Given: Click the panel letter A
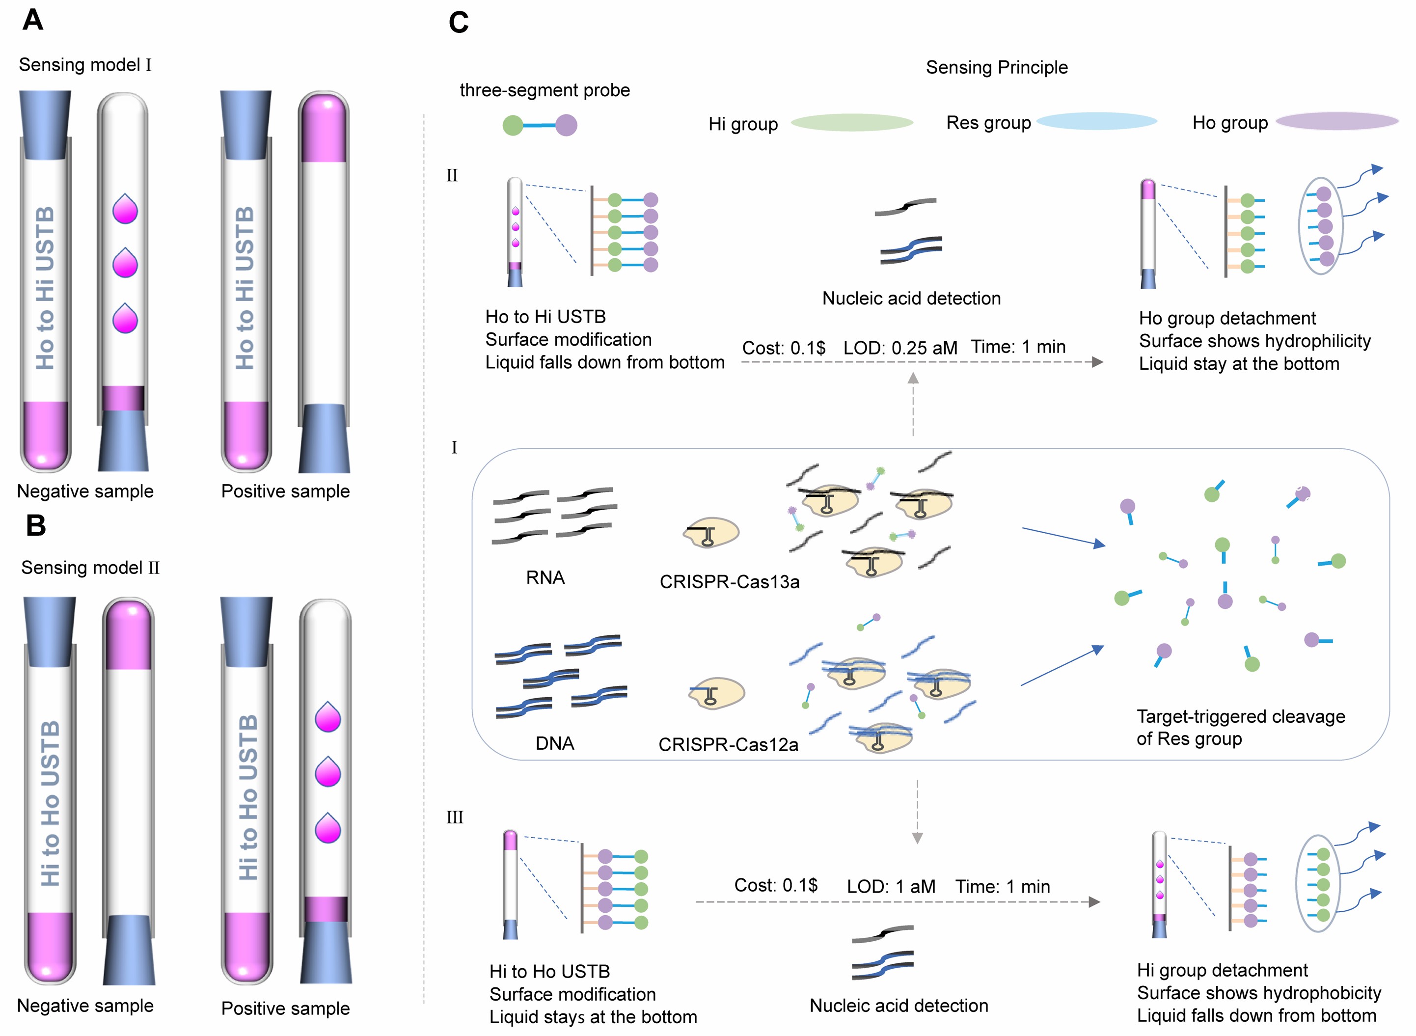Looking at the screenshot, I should tap(32, 20).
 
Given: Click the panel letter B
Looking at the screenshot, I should tap(36, 525).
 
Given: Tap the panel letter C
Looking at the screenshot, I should tap(459, 23).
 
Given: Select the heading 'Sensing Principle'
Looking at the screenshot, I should tap(997, 67).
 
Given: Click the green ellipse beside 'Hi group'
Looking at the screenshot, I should tap(851, 122).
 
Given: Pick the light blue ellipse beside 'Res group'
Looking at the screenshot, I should tap(1096, 121).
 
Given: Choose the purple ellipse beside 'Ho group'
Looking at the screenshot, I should tap(1337, 121).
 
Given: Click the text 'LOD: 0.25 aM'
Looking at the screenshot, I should tap(900, 348).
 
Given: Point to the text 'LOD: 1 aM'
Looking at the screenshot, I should tap(891, 886).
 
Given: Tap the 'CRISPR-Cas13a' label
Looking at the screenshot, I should tap(729, 582).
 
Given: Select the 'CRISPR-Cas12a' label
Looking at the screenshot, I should tap(728, 744).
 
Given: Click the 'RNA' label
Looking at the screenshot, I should tap(545, 577).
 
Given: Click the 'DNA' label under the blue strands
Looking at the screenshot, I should tap(554, 743).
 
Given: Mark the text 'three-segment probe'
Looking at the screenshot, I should tap(545, 90).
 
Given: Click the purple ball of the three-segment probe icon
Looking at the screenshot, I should tap(566, 125).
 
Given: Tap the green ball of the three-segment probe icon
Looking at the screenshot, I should tap(513, 125).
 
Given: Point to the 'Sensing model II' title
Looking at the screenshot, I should tap(90, 568).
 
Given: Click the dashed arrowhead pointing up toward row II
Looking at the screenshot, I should tap(913, 378).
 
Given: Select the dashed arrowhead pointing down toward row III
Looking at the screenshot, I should tap(917, 838).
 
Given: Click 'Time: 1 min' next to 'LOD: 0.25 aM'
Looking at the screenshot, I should tap(1018, 347).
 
